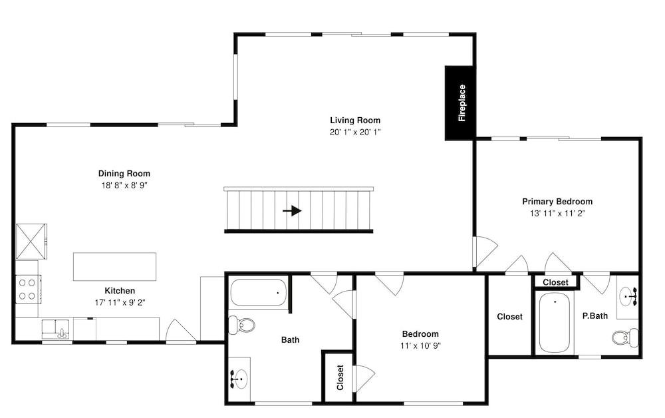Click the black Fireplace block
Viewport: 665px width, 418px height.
pos(460,103)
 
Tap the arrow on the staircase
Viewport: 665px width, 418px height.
pos(292,210)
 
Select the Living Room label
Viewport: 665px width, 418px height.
pos(355,120)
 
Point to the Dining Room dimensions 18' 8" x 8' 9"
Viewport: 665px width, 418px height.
pos(124,185)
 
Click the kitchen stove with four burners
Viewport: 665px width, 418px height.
pos(29,289)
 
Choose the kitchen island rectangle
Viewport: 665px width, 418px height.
pos(114,266)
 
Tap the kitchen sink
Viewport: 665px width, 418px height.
pos(56,329)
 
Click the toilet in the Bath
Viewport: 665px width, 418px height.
pos(242,325)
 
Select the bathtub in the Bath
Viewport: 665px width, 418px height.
pos(258,292)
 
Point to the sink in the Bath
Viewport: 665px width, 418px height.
pos(239,377)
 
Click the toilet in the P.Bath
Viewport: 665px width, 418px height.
pos(625,337)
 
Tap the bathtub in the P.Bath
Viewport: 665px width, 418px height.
pos(555,323)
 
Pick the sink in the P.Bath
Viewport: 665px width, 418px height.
pos(628,296)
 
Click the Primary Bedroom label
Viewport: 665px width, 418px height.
pos(557,202)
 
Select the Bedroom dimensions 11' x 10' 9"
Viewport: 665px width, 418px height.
pos(420,345)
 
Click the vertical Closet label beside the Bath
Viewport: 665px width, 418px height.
pos(340,377)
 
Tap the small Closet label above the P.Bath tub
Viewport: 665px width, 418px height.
pos(555,282)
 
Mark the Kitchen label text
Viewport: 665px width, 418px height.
pos(120,291)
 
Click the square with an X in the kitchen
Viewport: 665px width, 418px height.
pos(31,242)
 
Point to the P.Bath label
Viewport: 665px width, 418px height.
pos(595,315)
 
